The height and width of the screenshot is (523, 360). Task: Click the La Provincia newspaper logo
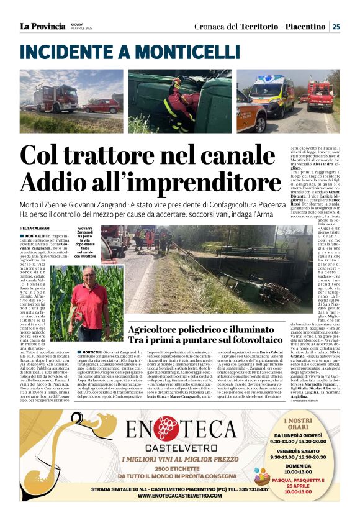[x=42, y=26]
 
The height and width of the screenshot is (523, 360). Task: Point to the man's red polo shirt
[x=89, y=302]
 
